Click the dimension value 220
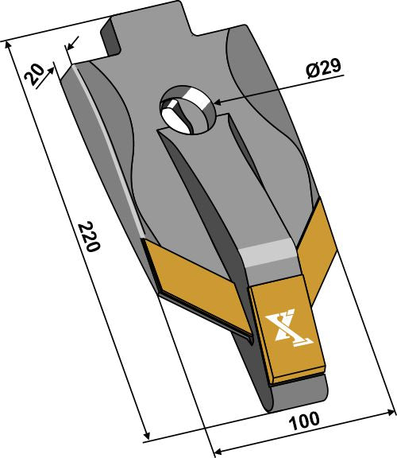click(x=89, y=237)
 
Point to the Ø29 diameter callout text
click(x=322, y=69)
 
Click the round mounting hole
click(x=187, y=111)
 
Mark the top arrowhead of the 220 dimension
click(x=10, y=45)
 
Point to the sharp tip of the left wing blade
click(x=251, y=342)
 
